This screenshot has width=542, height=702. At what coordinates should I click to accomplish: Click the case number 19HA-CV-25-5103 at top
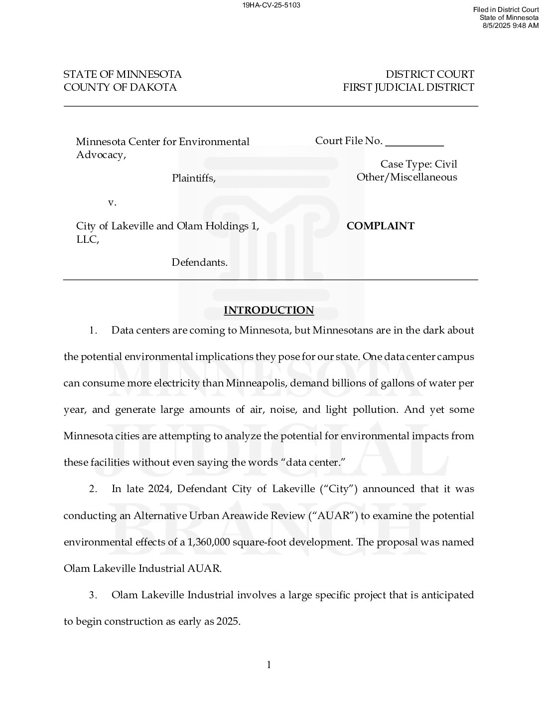[x=271, y=5]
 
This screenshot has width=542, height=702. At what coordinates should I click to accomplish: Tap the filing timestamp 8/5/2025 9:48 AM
[x=510, y=25]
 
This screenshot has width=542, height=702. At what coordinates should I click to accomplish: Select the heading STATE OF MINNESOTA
[x=123, y=74]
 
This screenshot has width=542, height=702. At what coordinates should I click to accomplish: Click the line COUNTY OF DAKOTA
[x=120, y=87]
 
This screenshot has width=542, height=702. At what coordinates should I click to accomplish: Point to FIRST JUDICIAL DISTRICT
[x=408, y=87]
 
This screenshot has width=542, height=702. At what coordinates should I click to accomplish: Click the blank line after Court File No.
[x=414, y=143]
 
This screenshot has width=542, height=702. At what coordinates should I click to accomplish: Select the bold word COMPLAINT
[x=380, y=226]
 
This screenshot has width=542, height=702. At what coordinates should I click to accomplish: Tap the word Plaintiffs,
[x=194, y=178]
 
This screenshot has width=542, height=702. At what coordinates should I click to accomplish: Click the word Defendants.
[x=200, y=262]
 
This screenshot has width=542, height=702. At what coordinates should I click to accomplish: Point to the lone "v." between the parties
[x=112, y=202]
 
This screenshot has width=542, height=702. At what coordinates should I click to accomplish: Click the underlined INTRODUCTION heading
[x=269, y=310]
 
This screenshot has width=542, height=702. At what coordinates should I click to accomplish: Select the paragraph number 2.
[x=93, y=489]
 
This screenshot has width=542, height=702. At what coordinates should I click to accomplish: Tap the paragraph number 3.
[x=93, y=595]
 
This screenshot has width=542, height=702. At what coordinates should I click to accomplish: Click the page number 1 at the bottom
[x=269, y=665]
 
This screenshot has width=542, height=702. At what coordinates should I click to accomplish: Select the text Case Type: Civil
[x=418, y=164]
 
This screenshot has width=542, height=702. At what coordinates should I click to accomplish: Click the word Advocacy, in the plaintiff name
[x=101, y=155]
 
